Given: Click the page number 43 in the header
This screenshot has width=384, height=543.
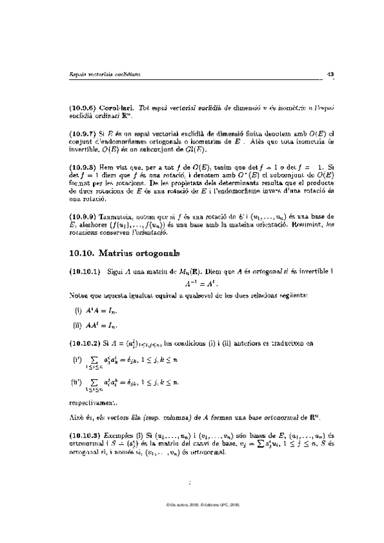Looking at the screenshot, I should coord(331,75).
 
